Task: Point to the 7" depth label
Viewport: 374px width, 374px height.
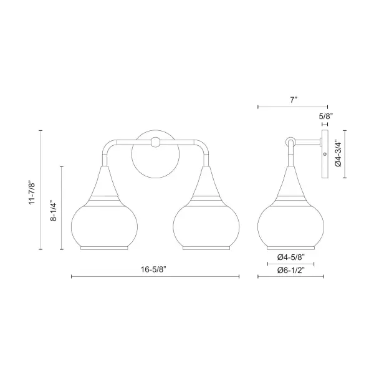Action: click(x=293, y=100)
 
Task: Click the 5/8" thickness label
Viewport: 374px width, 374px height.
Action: click(x=325, y=117)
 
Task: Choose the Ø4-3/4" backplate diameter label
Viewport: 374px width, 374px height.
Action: click(x=338, y=153)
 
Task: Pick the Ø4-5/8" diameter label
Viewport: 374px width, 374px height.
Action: click(x=291, y=257)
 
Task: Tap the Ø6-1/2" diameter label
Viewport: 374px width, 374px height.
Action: click(x=291, y=271)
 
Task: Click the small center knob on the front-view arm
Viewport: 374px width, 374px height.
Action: click(x=155, y=142)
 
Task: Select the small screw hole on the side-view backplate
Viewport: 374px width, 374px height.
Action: click(x=325, y=154)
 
